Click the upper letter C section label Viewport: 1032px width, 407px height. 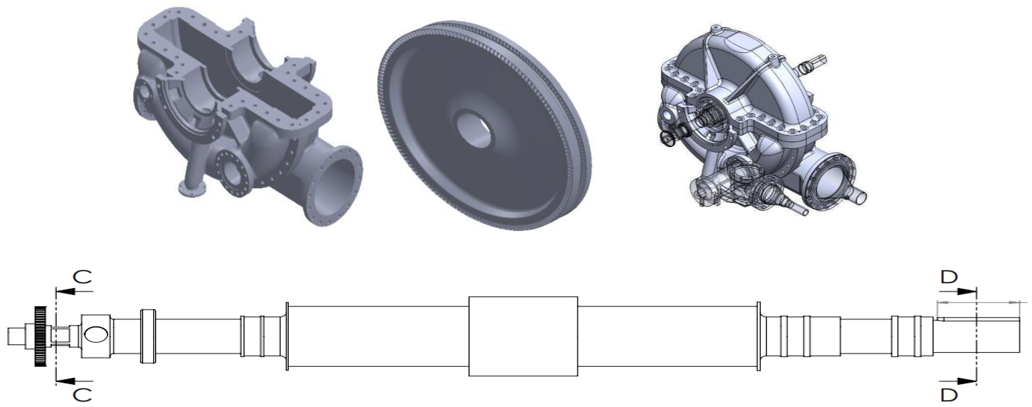click(82, 276)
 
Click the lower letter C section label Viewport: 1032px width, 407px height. click(82, 395)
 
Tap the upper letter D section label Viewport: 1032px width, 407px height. click(949, 276)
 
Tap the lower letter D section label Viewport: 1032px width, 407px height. click(949, 395)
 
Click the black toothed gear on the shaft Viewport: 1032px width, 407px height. click(40, 336)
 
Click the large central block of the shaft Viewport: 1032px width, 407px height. click(523, 336)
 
